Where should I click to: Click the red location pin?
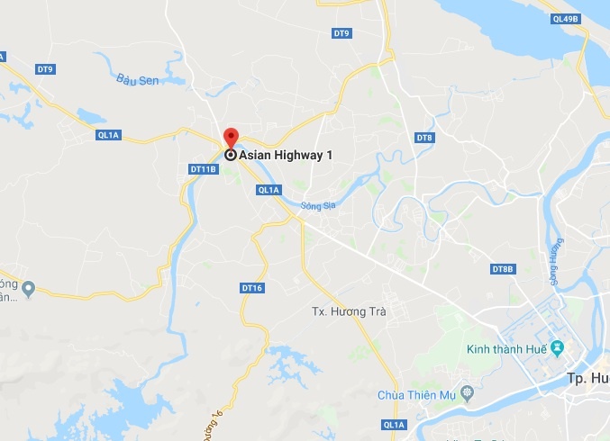click(231, 138)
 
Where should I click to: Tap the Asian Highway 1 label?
click(286, 155)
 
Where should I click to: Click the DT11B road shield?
click(204, 168)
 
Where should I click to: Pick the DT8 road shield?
click(424, 137)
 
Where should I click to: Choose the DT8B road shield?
click(502, 269)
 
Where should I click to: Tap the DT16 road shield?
click(252, 288)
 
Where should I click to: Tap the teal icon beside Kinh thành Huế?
click(557, 347)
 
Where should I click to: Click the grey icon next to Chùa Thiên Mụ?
click(467, 392)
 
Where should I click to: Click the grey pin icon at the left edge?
click(28, 288)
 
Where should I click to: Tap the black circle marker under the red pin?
click(231, 155)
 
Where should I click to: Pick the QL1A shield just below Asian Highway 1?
click(269, 190)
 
